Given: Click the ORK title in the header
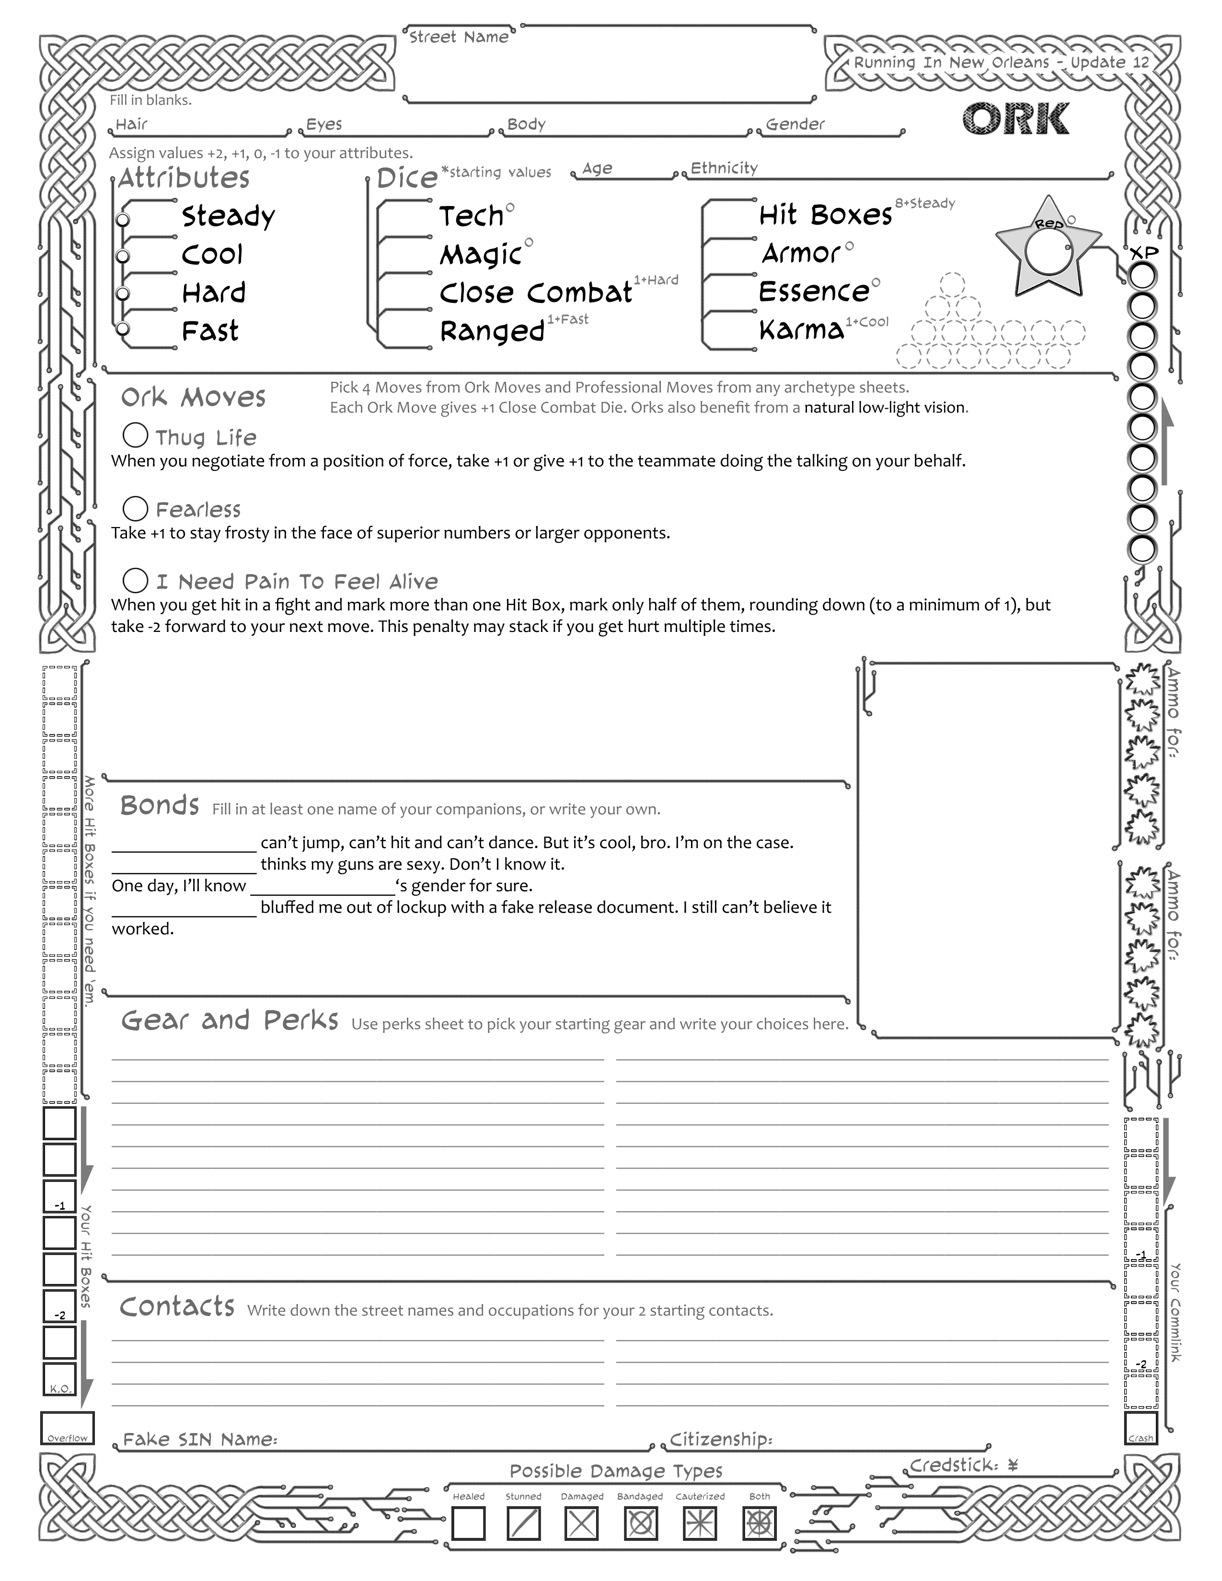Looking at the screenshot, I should click(x=1015, y=119).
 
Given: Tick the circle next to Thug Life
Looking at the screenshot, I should click(x=135, y=435).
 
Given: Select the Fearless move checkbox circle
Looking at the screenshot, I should click(x=135, y=508).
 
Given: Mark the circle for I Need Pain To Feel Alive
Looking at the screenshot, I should click(x=135, y=580).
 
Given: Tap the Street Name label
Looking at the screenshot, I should click(x=458, y=37).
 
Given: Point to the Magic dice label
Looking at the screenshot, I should click(x=481, y=255).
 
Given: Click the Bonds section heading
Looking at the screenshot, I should click(x=159, y=805).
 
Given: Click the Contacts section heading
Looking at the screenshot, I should click(x=177, y=1306).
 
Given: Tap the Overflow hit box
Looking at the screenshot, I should click(x=67, y=1428).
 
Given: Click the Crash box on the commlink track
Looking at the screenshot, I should click(x=1141, y=1428).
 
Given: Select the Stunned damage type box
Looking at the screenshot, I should click(x=523, y=1523).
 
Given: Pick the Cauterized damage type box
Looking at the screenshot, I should click(x=699, y=1523).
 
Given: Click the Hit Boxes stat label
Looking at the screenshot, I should click(x=825, y=215).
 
